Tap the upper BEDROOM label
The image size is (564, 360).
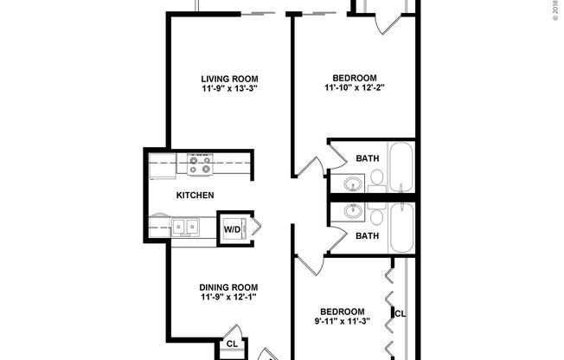click(x=354, y=75)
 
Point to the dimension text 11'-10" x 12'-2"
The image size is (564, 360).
click(x=354, y=87)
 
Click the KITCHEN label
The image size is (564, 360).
click(x=195, y=196)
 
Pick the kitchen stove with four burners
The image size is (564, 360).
click(x=200, y=163)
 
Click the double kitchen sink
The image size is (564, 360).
click(x=185, y=227)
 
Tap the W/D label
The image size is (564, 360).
click(x=231, y=230)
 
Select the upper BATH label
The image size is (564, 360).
click(x=368, y=158)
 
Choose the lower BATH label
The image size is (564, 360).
click(x=368, y=235)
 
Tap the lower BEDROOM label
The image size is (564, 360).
click(x=343, y=312)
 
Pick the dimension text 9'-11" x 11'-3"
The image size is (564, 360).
click(x=343, y=323)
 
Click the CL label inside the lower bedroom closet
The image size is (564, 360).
click(x=400, y=313)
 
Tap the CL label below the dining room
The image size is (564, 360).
click(x=231, y=344)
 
